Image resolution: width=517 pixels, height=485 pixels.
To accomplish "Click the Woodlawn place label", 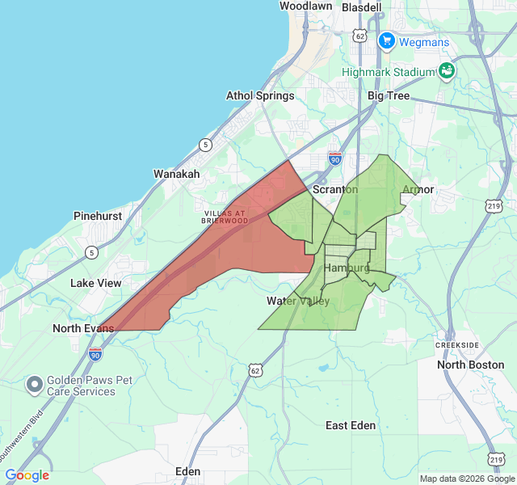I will (x=305, y=6).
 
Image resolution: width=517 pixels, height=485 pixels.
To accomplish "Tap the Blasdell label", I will (x=361, y=7).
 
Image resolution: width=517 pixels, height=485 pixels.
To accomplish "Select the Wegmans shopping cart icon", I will (x=386, y=40).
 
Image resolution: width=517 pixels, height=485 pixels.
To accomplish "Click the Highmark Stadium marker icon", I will (x=446, y=71).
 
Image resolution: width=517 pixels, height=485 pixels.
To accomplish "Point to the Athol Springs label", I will (x=260, y=95).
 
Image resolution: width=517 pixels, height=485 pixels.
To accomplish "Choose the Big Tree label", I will (x=389, y=95).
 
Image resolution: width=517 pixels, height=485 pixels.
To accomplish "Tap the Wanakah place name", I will (x=177, y=174).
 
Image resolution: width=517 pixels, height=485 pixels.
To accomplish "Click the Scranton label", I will (x=334, y=189).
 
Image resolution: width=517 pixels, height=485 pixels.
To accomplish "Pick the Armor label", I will (x=418, y=190).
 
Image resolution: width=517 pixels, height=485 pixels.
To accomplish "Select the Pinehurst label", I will (x=98, y=217).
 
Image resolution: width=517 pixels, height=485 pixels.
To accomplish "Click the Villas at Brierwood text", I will (x=225, y=217).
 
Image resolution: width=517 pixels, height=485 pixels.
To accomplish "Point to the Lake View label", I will (x=96, y=283).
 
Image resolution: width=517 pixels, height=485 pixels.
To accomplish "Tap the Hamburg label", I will (x=347, y=268).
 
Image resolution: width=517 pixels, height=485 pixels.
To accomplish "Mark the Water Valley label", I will (x=298, y=302).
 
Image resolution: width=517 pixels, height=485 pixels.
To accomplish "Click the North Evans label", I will (x=83, y=328).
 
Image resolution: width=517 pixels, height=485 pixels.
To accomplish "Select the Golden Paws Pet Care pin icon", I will (x=34, y=385).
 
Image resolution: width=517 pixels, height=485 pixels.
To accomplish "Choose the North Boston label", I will (x=470, y=365).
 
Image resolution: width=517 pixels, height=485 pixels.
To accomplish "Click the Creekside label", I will (x=457, y=345).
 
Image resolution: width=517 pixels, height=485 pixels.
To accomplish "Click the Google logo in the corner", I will (x=27, y=475).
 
